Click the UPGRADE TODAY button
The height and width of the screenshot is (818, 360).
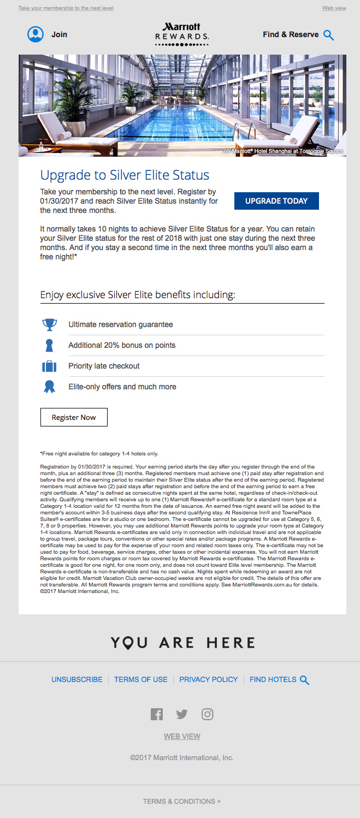pyautogui.click(x=276, y=201)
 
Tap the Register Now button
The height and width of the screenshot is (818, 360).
pyautogui.click(x=74, y=417)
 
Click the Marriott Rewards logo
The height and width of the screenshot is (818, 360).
pyautogui.click(x=182, y=34)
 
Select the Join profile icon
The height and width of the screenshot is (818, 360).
pyautogui.click(x=36, y=34)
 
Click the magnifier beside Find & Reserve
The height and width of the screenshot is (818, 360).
pyautogui.click(x=328, y=35)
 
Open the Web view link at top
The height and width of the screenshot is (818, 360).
pyautogui.click(x=334, y=8)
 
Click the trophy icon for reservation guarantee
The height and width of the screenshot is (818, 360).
pyautogui.click(x=50, y=324)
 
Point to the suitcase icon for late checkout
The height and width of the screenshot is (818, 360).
pyautogui.click(x=50, y=366)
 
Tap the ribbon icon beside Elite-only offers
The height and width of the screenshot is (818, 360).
pyautogui.click(x=50, y=387)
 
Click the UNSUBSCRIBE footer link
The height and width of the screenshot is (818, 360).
pyautogui.click(x=77, y=679)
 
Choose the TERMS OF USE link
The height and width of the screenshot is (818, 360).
pyautogui.click(x=141, y=679)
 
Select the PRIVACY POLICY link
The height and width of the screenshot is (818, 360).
pyautogui.click(x=209, y=679)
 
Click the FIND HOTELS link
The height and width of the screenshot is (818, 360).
pyautogui.click(x=273, y=679)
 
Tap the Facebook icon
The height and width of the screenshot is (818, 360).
pyautogui.click(x=157, y=714)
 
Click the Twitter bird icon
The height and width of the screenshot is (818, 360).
pyautogui.click(x=182, y=714)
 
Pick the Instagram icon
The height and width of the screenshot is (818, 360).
pyautogui.click(x=208, y=714)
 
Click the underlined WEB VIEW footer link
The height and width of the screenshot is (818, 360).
pyautogui.click(x=182, y=736)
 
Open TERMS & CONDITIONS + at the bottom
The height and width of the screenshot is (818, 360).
pyautogui.click(x=182, y=802)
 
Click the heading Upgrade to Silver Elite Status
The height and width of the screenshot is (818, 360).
pyautogui.click(x=125, y=175)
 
